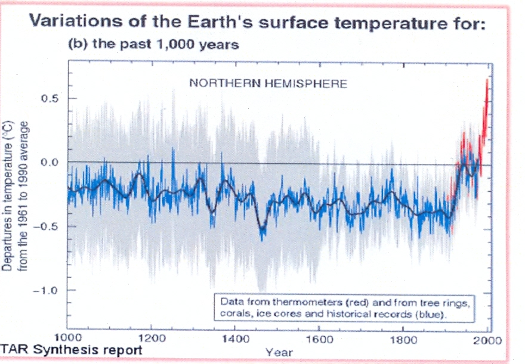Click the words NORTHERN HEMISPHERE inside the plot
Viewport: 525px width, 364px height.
pos(268,84)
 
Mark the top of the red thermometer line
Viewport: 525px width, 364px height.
pos(488,80)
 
